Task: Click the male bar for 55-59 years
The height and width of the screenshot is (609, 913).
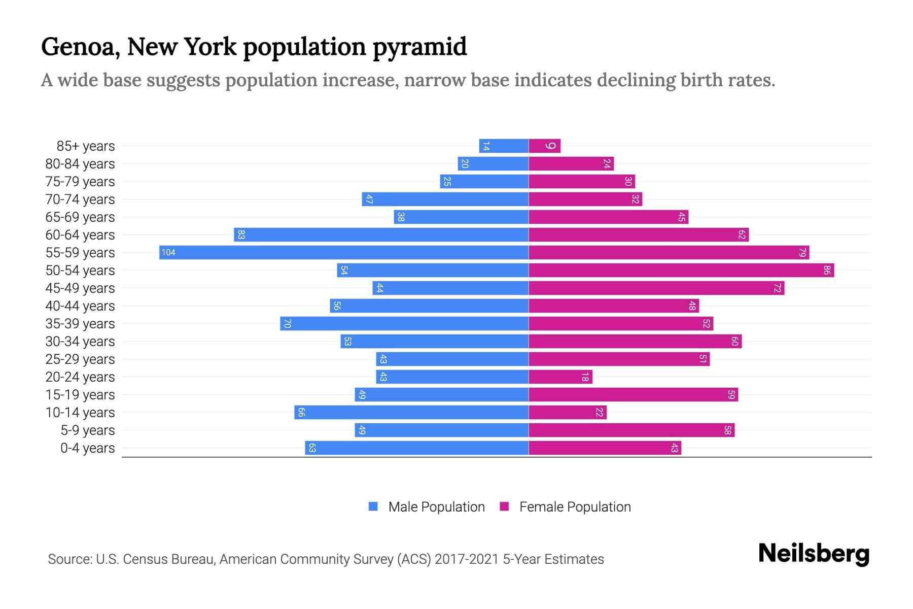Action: coord(344,252)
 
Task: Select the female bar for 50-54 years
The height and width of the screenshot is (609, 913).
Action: coord(681,270)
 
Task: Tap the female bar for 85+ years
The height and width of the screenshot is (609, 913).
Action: coord(544,146)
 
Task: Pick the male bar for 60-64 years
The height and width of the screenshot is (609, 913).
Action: coord(381,234)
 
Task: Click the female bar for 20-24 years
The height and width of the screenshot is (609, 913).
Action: coord(560,377)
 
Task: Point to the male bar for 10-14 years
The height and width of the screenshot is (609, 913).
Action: coord(411,412)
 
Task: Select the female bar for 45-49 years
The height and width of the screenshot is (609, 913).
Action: coord(656,288)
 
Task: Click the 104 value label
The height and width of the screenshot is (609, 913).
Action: coord(168,252)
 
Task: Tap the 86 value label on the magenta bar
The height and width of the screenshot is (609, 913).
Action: coord(827,270)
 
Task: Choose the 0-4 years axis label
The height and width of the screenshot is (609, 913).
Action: coord(87,448)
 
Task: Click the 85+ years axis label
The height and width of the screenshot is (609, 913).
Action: coord(85,146)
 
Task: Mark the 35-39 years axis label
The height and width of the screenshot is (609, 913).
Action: coord(80,324)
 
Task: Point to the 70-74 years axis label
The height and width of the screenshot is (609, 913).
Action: coord(80,199)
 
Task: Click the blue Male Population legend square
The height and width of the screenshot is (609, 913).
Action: coord(373,506)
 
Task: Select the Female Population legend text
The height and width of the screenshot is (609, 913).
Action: coord(575,506)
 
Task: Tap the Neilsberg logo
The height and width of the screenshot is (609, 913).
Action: coord(814,554)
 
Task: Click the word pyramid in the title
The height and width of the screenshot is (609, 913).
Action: coord(419,47)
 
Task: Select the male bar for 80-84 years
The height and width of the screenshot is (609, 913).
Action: coord(493,163)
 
